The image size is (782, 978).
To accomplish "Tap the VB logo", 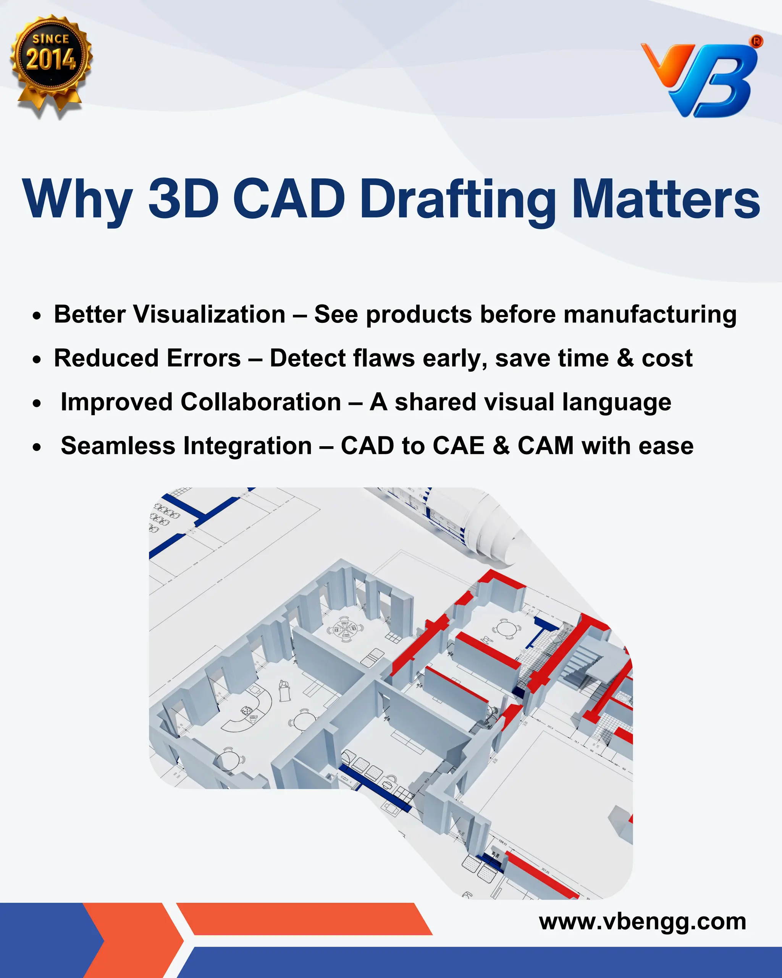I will (700, 79).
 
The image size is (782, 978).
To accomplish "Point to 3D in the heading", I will (184, 199).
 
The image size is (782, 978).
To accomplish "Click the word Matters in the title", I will (665, 199).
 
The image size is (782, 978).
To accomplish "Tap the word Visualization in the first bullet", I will (210, 314).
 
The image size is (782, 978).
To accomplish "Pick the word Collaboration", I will (261, 402).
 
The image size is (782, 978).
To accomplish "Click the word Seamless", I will (118, 445).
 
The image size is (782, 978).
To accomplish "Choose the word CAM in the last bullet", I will (545, 445).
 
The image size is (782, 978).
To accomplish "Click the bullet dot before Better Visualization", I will (37, 316).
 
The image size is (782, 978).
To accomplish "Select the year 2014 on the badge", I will (51, 60).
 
